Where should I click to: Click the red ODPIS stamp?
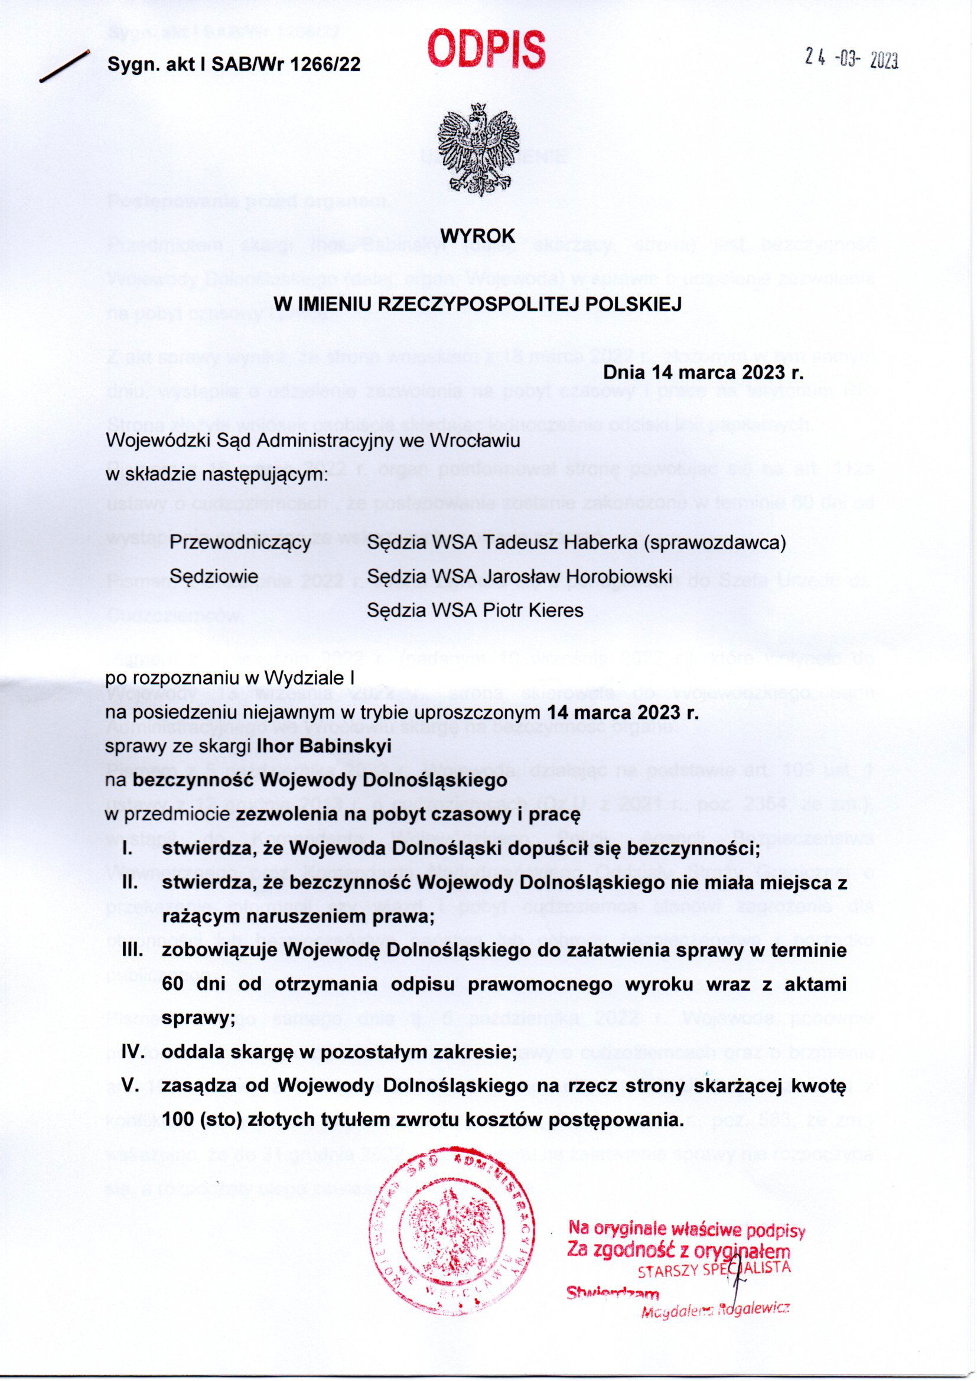pos(487,50)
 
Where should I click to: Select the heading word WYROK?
pos(479,236)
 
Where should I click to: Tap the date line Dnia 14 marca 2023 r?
pos(704,372)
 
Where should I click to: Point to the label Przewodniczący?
pos(240,542)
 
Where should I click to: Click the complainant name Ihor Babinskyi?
pos(324,746)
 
